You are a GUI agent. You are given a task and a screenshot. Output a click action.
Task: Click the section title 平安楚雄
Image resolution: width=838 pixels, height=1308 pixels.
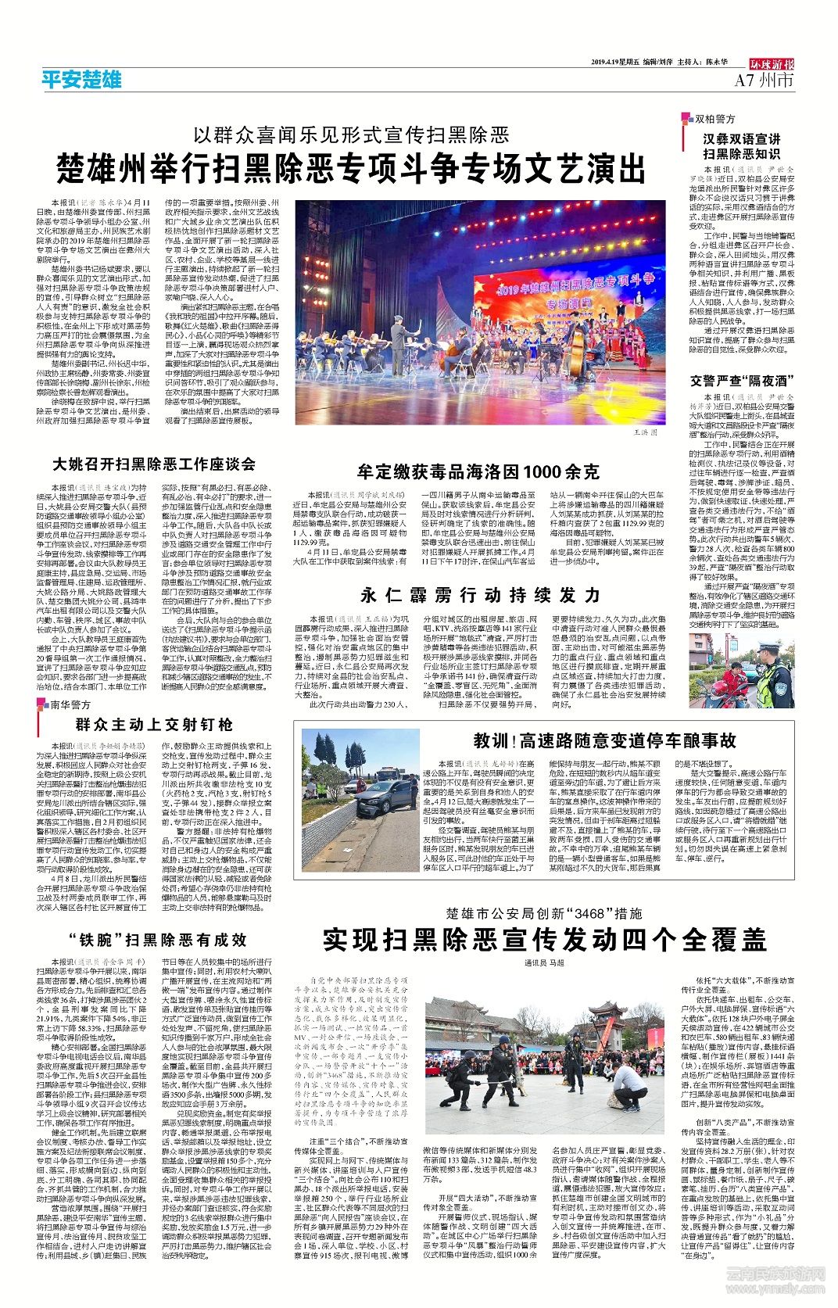(82, 79)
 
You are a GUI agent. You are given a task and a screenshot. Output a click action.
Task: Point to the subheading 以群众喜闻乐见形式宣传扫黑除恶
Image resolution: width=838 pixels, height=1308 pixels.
(352, 134)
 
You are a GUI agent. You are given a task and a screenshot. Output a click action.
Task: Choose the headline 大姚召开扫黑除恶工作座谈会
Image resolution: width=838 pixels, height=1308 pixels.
(154, 464)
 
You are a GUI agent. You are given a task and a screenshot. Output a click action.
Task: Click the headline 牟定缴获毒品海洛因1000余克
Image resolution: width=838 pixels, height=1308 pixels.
(478, 471)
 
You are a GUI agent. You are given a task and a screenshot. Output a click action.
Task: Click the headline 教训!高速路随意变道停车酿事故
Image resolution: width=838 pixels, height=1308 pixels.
(604, 740)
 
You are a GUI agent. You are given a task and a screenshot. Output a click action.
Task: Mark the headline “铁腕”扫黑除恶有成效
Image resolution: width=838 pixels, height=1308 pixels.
(156, 939)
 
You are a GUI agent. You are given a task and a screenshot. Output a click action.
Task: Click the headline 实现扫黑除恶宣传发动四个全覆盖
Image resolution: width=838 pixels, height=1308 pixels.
(544, 939)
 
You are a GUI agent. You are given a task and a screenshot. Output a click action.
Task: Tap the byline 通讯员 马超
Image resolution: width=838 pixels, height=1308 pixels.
(544, 963)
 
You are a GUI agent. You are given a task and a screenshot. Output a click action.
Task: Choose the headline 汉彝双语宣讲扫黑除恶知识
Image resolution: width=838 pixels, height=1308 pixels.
(741, 146)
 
